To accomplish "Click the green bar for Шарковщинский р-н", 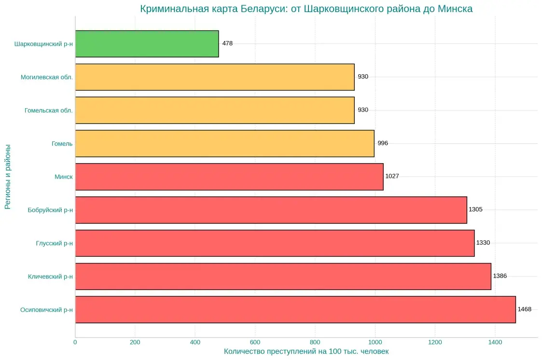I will coord(147,44).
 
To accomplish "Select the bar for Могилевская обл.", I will coord(215,77).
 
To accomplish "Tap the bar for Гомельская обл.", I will coord(215,110).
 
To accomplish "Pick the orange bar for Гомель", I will coord(224,143).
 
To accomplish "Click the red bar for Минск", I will coord(229,177).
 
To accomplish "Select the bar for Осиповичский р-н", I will coord(295,309).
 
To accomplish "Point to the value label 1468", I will coord(524,309).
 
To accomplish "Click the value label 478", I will coord(227,43).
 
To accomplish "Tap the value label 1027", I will coord(392,177).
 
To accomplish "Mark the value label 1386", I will coord(500,276).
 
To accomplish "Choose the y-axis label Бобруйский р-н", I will coord(50,210).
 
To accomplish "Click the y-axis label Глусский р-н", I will coord(54,243).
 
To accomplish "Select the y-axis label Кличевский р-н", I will coord(50,277).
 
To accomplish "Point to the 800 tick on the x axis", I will coord(315,343).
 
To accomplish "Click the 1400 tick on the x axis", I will coord(495,343).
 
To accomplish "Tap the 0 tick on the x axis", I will coord(75,343).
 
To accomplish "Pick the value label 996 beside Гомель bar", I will coord(383,143).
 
